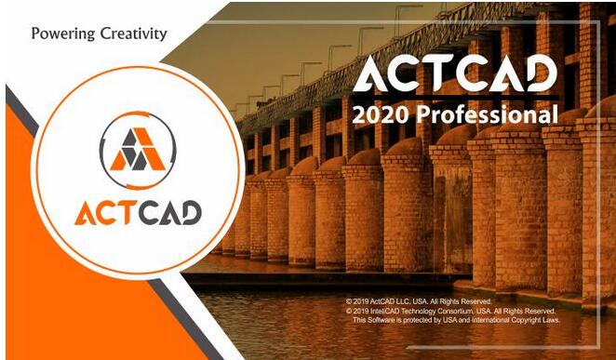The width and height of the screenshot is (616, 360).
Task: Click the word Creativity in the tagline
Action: pos(133,33)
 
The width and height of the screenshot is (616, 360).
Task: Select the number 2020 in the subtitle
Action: pos(380,116)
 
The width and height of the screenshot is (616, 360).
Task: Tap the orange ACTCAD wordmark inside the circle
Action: pos(138,213)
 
